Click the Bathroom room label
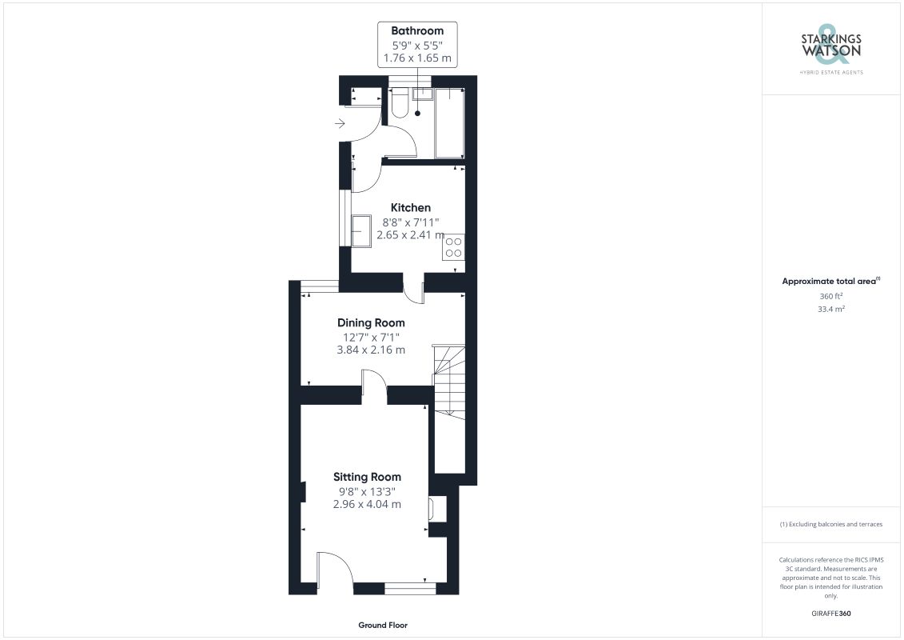pyautogui.click(x=417, y=30)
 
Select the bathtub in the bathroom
pyautogui.click(x=450, y=123)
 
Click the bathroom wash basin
pyautogui.click(x=422, y=94)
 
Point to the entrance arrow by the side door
pyautogui.click(x=340, y=123)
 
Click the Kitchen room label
pyautogui.click(x=411, y=208)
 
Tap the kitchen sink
pyautogui.click(x=361, y=231)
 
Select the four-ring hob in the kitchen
pyautogui.click(x=454, y=247)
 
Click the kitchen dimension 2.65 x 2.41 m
pyautogui.click(x=411, y=235)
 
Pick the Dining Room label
pyautogui.click(x=371, y=322)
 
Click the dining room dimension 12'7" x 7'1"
pyautogui.click(x=371, y=337)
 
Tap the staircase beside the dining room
pyautogui.click(x=449, y=382)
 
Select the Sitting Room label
pyautogui.click(x=367, y=477)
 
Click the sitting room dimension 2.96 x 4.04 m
pyautogui.click(x=367, y=504)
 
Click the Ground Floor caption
pyautogui.click(x=383, y=625)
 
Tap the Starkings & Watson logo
pyautogui.click(x=830, y=49)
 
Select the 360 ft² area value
pyautogui.click(x=830, y=296)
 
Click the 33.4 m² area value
pyautogui.click(x=830, y=309)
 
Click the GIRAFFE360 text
pyautogui.click(x=830, y=614)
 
